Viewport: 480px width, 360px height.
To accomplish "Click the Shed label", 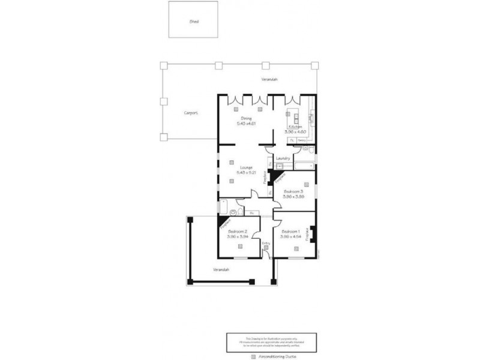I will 194,21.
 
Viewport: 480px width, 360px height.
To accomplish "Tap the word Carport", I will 191,112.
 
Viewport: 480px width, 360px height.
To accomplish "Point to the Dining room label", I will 246,118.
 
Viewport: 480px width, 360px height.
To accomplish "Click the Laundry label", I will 283,158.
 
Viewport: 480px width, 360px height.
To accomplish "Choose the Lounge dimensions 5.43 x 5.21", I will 247,172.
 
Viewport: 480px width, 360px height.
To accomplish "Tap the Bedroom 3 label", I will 293,191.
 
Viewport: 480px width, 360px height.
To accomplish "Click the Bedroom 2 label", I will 238,232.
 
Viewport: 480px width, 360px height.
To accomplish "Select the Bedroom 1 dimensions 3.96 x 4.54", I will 290,236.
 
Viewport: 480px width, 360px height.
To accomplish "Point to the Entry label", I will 266,242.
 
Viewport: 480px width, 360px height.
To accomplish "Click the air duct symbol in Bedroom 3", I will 307,184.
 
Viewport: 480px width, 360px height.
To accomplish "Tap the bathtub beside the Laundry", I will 303,163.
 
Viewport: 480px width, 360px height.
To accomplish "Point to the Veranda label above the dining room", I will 268,80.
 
